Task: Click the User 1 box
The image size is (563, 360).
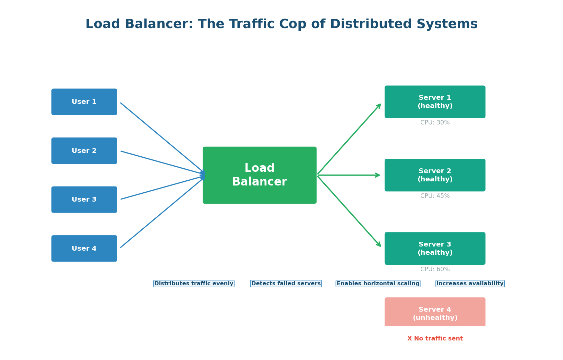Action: (84, 102)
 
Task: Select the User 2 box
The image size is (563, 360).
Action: (84, 151)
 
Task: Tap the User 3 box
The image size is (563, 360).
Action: (84, 200)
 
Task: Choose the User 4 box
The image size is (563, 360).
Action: (84, 249)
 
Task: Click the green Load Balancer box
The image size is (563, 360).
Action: (260, 175)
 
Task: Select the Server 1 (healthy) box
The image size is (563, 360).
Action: (435, 102)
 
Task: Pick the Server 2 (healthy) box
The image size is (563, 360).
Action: (435, 175)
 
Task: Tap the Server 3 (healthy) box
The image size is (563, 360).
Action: (435, 249)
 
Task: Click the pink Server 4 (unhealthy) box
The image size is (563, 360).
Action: (435, 312)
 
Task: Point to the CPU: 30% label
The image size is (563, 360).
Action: (435, 123)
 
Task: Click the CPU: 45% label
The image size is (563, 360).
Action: (435, 196)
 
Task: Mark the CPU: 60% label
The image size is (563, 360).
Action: (435, 269)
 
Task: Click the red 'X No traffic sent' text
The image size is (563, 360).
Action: (435, 339)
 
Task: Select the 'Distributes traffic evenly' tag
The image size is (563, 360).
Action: (194, 284)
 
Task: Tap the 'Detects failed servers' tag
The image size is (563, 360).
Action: (286, 284)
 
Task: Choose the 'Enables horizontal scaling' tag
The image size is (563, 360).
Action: (378, 284)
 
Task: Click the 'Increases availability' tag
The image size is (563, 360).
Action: (470, 284)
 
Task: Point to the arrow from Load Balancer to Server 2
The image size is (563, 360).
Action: (348, 175)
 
